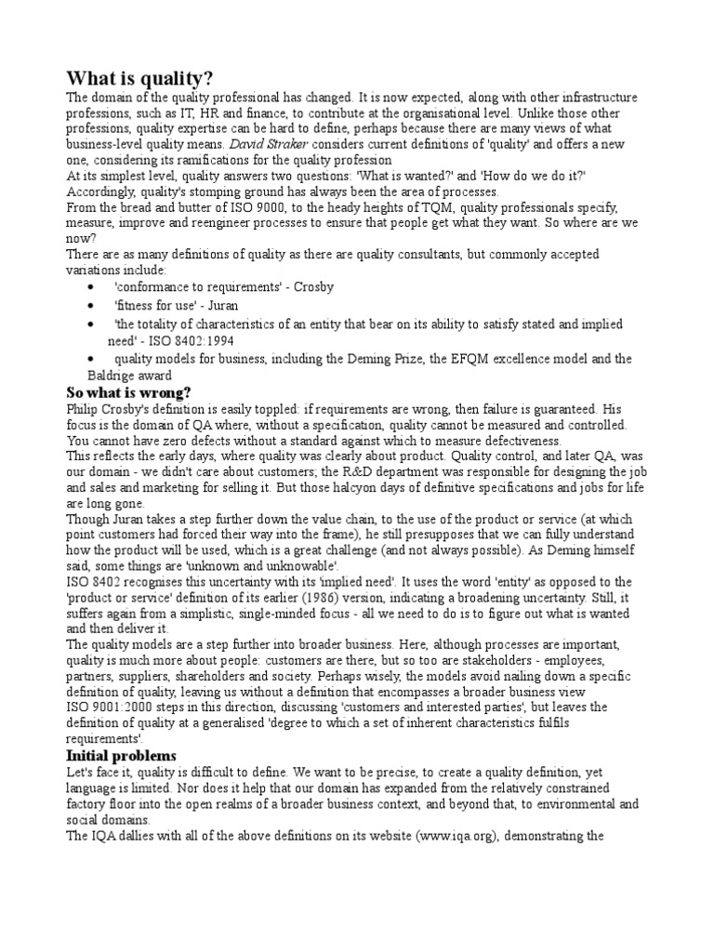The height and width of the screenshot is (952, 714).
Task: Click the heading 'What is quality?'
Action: [140, 78]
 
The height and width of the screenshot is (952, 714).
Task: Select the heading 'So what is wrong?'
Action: [129, 393]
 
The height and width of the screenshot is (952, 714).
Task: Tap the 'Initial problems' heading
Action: [122, 756]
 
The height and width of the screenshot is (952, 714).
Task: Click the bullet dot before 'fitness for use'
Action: [90, 305]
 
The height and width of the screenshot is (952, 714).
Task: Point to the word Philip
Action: [84, 409]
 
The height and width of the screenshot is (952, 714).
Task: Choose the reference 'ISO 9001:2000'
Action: [111, 707]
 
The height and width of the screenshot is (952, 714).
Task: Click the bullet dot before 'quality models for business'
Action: [90, 359]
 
